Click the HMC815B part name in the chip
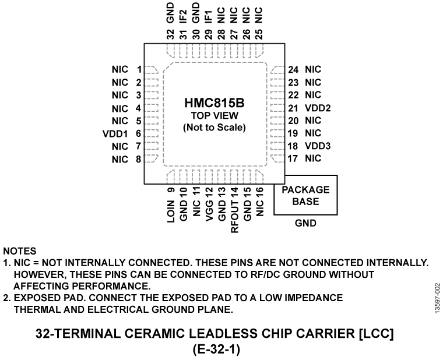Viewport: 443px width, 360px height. tap(214, 103)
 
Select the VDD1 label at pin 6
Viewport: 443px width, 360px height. tap(115, 133)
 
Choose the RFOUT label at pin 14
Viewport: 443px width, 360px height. tap(234, 218)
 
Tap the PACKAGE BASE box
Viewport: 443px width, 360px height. tap(305, 195)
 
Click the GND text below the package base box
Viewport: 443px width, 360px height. tap(305, 223)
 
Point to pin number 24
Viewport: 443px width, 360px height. tap(293, 70)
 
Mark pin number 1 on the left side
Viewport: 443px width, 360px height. tap(139, 70)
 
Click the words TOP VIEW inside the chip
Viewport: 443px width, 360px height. tap(214, 116)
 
